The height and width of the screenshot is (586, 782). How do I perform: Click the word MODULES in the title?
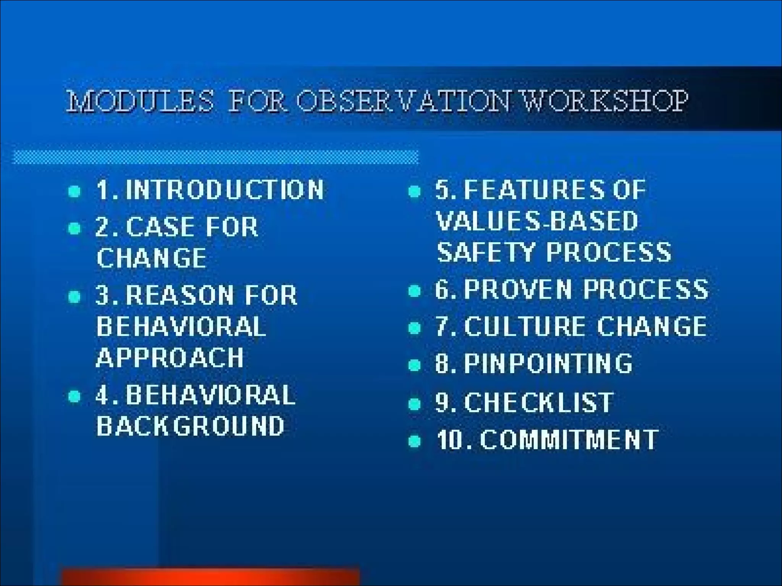[x=140, y=101]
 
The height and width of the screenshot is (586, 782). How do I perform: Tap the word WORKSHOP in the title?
[x=605, y=101]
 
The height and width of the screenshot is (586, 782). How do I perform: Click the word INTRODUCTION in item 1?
[x=225, y=190]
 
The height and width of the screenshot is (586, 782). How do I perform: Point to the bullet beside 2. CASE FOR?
[x=74, y=228]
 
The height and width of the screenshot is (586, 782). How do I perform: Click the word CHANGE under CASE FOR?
[x=151, y=258]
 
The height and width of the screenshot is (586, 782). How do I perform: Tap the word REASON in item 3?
[x=179, y=295]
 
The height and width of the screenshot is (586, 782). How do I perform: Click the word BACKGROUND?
[x=190, y=426]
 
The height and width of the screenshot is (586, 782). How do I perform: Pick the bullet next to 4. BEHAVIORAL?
[x=74, y=396]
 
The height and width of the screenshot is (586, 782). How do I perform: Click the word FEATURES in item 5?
[x=534, y=190]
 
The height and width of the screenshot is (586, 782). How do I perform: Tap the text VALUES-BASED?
[x=537, y=221]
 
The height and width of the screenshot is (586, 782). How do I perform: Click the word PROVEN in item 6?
[x=518, y=289]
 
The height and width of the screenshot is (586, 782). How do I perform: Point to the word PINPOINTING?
[x=548, y=363]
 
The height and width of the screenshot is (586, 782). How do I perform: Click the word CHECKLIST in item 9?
[x=538, y=402]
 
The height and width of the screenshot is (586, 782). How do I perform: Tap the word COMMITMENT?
[x=569, y=439]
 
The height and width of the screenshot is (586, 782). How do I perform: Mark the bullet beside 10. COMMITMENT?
[x=414, y=441]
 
